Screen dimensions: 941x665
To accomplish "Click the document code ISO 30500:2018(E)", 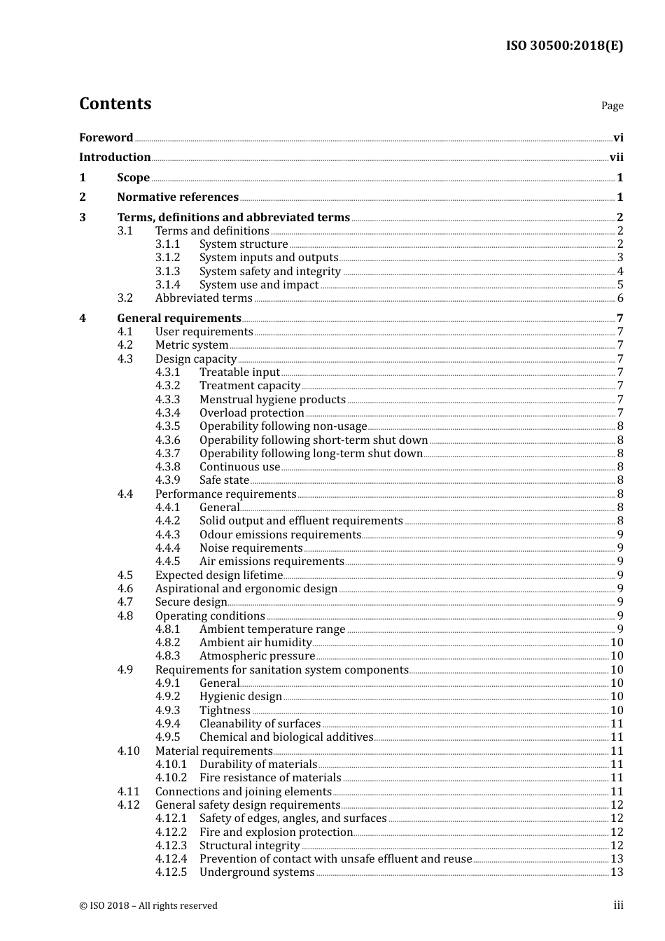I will (x=564, y=46).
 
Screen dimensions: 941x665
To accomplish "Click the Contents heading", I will (x=115, y=104).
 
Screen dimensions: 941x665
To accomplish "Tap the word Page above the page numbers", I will (x=612, y=106).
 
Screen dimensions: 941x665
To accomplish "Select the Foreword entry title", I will (x=106, y=138).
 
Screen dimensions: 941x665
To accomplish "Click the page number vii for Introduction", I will (x=616, y=158).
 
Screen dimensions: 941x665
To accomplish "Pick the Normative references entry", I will (x=178, y=197).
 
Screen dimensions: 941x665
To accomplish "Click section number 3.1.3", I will (x=167, y=272).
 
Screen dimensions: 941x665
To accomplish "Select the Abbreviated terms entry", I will (x=204, y=298).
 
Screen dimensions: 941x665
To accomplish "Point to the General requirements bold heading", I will (x=179, y=319).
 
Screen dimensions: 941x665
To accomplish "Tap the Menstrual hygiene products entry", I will (x=272, y=400).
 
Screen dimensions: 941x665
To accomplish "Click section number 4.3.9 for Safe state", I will (x=167, y=480).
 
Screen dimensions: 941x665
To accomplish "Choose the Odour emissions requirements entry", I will (x=280, y=535).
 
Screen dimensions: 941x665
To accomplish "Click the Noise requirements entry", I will (x=251, y=548).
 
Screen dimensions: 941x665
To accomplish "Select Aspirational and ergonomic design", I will (x=246, y=589).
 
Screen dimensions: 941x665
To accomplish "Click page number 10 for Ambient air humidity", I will (x=617, y=643).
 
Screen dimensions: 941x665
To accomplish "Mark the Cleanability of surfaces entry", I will (x=260, y=724).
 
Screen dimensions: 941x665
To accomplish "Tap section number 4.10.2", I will (x=171, y=778).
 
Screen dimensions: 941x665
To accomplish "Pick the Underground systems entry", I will (x=257, y=872).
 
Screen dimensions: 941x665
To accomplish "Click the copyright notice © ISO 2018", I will (x=148, y=906).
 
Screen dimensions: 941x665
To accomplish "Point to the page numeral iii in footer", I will (x=618, y=905).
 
